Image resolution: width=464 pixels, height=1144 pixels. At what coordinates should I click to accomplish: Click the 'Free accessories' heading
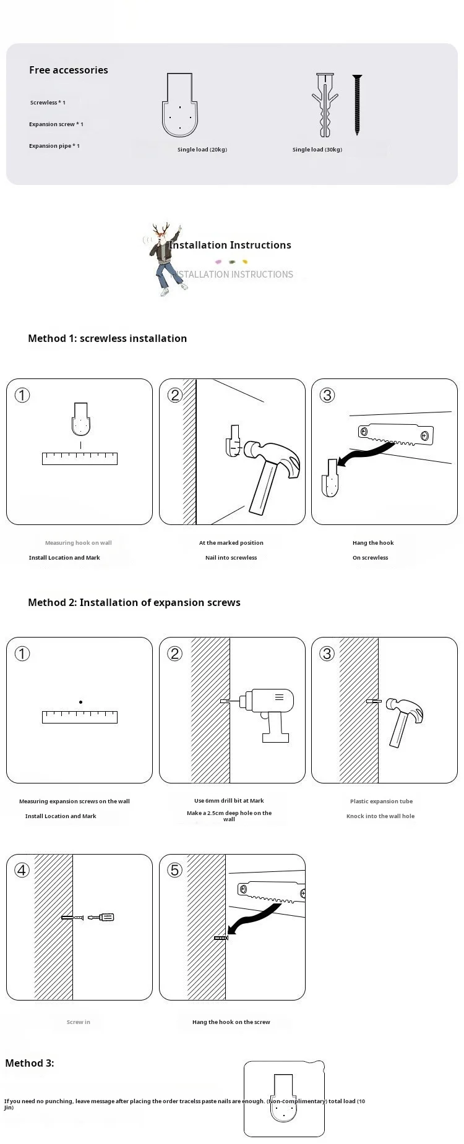(x=68, y=70)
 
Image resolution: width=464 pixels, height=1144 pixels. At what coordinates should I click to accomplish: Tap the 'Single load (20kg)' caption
(x=202, y=150)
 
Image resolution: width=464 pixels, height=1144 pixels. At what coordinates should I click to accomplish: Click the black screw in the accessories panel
(x=357, y=105)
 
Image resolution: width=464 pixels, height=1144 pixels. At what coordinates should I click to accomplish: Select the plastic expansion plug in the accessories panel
(x=325, y=105)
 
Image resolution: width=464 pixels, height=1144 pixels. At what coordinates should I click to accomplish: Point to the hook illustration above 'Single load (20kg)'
(x=180, y=105)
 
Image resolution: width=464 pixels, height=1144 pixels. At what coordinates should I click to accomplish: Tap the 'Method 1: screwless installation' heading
(x=107, y=338)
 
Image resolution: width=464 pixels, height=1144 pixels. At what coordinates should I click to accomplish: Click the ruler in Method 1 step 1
(x=80, y=458)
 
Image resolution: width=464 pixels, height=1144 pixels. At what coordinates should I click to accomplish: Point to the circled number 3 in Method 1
(x=327, y=395)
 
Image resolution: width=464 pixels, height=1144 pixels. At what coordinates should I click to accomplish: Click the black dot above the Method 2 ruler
(x=80, y=702)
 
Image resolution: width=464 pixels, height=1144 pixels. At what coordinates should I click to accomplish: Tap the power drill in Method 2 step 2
(x=267, y=711)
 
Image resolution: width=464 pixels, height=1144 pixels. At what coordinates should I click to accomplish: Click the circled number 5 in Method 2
(x=174, y=870)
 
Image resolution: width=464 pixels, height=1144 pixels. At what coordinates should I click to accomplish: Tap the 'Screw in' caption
(x=79, y=1022)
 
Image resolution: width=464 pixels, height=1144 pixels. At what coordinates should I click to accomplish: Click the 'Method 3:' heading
(x=30, y=1063)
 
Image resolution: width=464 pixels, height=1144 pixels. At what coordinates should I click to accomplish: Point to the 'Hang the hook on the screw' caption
(x=231, y=1022)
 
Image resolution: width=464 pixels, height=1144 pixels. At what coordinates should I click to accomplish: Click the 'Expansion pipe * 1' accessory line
(x=54, y=146)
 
